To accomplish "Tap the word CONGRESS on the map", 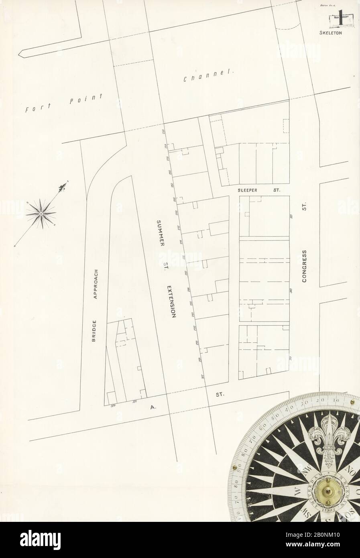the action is [x=305, y=266].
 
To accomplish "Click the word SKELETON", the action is [x=330, y=33].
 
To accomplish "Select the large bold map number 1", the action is [x=341, y=17].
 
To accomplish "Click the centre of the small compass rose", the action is [x=41, y=214].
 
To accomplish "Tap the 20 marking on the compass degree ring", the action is [x=320, y=401].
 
